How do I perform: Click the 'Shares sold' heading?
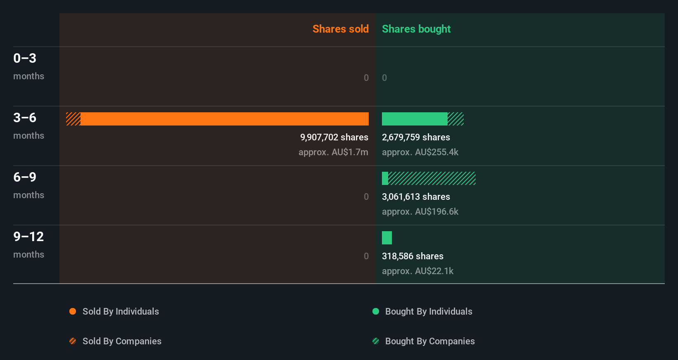coord(340,29)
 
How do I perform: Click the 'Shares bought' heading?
coord(416,29)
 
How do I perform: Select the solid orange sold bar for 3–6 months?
coord(224,119)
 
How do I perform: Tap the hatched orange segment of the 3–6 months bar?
coord(73,119)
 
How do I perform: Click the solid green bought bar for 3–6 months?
coord(414,119)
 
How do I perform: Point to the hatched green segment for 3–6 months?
coord(455,119)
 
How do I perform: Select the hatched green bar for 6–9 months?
coord(432,178)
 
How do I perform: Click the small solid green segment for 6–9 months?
coord(385,178)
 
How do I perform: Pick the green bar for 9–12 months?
coord(387,238)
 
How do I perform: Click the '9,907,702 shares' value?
coord(334,137)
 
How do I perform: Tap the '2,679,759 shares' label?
coord(416,137)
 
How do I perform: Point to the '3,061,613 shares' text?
coord(416,197)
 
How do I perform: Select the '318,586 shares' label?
coord(412,256)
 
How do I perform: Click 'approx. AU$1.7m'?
coord(333,152)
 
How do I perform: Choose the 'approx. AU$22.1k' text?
coord(417,271)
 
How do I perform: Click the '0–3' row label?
coord(25,58)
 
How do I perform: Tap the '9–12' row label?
coord(28,237)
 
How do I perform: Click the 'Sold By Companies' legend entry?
coord(121,341)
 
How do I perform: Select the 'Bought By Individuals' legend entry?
coord(428,311)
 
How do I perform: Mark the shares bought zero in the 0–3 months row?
coord(384,78)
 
